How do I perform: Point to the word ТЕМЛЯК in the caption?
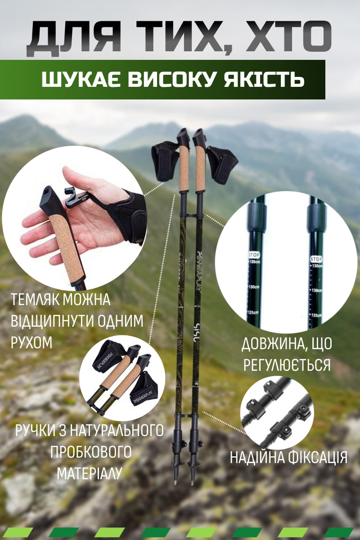[x=36, y=300]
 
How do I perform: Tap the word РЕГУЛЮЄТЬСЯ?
[x=287, y=365]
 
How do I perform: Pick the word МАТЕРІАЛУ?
[x=90, y=472]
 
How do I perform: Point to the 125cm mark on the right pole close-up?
[x=316, y=315]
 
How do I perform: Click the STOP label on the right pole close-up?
[x=316, y=259]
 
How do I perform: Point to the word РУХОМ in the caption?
[x=31, y=342]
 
